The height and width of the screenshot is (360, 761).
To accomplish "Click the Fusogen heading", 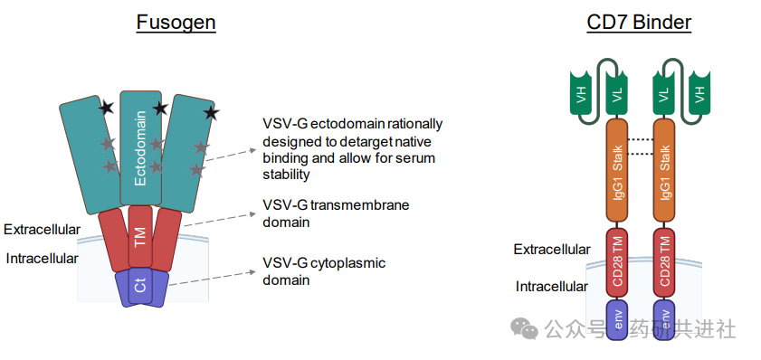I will (x=176, y=23).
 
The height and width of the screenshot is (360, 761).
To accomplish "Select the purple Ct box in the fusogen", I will (x=140, y=285).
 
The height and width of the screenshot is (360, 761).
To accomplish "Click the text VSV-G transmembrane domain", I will (x=335, y=213).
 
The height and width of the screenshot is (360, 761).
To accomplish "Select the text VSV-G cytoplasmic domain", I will (x=324, y=271).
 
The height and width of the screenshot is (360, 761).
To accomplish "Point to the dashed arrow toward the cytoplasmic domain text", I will (x=214, y=278).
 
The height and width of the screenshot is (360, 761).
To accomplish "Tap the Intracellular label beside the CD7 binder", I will (x=553, y=286).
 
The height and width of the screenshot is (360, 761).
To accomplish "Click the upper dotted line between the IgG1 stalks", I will (x=641, y=138).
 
